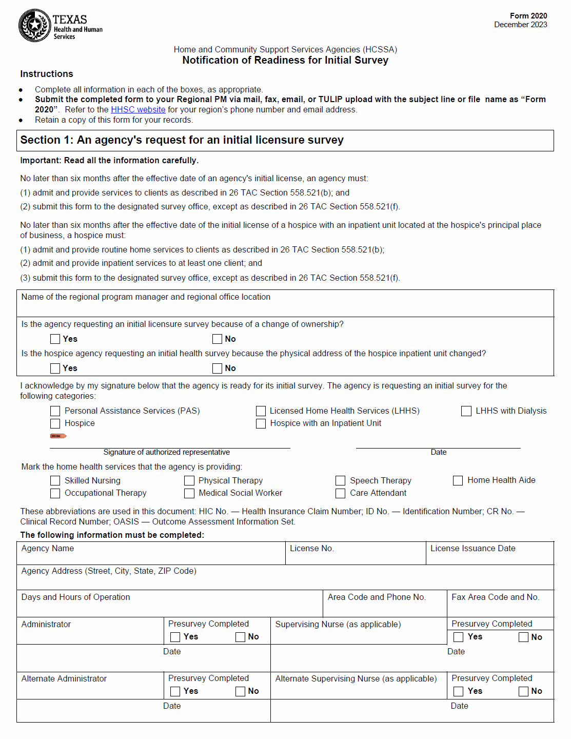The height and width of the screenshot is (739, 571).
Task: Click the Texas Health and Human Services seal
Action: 34,25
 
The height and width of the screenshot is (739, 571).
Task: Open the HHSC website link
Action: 138,109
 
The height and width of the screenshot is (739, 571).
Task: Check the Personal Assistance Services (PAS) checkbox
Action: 55,411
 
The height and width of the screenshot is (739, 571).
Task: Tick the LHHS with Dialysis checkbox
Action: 466,411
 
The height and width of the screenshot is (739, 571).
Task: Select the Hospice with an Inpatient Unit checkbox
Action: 261,423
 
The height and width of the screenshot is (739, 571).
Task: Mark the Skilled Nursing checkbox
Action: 55,481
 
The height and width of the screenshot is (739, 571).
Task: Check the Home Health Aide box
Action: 458,480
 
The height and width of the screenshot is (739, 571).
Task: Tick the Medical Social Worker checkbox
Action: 189,493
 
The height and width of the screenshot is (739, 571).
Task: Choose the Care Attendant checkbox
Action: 341,493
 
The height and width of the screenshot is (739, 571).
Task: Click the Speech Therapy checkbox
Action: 341,481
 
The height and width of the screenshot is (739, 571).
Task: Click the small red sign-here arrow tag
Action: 58,436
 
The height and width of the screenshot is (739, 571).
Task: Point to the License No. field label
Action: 311,549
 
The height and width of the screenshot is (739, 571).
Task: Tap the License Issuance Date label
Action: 472,549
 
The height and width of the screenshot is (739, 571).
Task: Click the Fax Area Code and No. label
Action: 495,597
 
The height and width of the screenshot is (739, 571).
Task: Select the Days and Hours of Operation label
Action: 75,597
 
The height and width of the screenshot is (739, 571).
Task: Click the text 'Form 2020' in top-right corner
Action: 528,16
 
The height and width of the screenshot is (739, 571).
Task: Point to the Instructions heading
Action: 47,74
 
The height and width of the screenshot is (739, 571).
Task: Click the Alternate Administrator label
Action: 64,679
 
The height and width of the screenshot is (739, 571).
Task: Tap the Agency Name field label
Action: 48,549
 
